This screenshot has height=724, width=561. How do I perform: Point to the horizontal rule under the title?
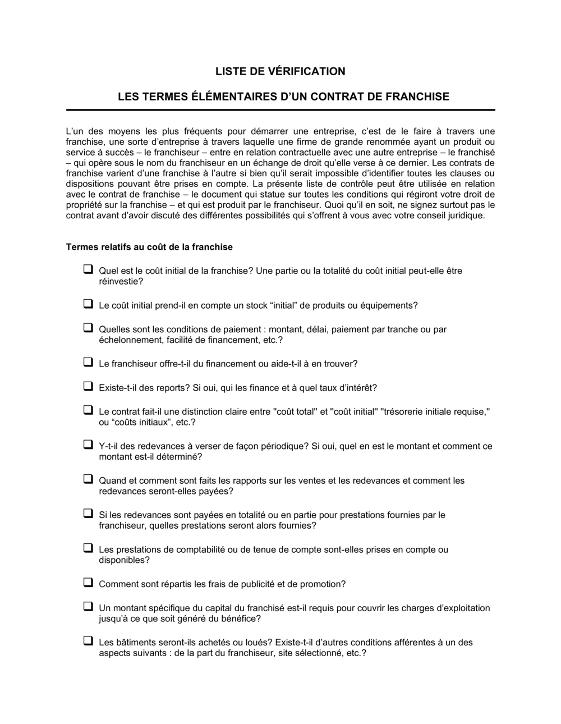tap(280, 110)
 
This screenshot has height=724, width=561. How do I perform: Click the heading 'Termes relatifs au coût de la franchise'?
tap(149, 247)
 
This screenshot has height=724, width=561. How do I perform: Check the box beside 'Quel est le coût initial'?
tap(88, 269)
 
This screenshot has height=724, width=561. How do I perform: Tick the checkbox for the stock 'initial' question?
tap(88, 304)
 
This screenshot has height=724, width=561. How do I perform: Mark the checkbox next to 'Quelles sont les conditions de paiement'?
tap(88, 328)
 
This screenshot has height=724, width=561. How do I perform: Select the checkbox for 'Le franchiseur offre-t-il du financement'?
tap(88, 363)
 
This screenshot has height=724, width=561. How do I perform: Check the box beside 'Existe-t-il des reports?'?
tap(88, 386)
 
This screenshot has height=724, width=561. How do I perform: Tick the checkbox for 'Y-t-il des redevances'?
tap(88, 445)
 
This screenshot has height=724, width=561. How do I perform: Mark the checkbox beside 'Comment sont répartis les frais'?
tap(88, 583)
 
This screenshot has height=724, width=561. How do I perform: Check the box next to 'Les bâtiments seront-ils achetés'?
tap(88, 641)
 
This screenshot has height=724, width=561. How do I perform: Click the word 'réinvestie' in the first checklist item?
tap(117, 281)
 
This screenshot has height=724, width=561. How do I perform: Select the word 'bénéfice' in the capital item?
tap(241, 618)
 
